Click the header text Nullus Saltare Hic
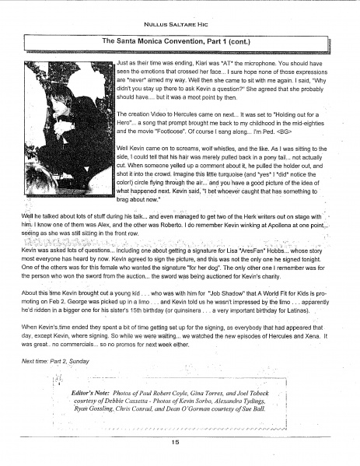point(180,13)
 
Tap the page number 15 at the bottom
point(180,441)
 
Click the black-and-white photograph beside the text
point(65,131)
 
